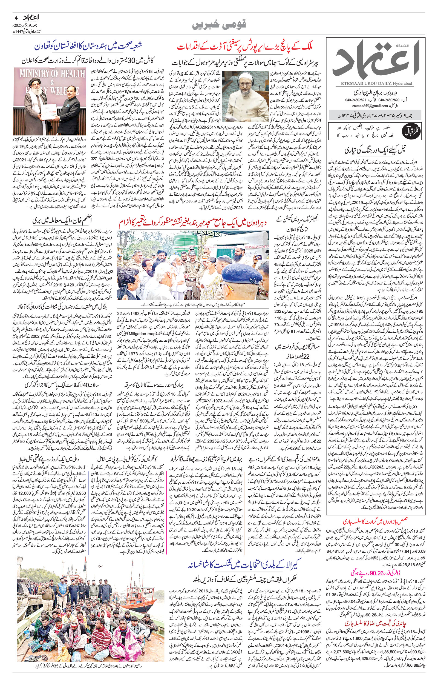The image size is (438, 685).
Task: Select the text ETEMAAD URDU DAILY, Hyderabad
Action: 375,83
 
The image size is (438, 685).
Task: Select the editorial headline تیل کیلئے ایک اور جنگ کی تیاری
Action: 376,150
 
